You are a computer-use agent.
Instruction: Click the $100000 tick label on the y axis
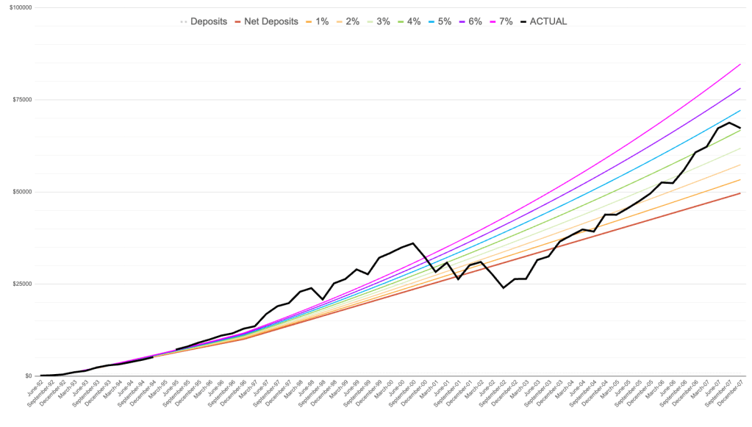(26, 7)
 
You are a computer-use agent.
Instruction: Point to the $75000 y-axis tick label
(28, 99)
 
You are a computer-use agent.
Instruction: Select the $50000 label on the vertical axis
(28, 192)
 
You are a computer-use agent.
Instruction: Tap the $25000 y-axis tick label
(28, 284)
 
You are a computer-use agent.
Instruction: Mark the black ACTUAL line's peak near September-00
(413, 243)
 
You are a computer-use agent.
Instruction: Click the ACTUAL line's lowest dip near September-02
(504, 288)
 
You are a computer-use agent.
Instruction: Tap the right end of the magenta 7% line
(740, 64)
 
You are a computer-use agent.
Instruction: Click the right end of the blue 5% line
(740, 110)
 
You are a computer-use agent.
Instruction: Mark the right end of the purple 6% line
(740, 88)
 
